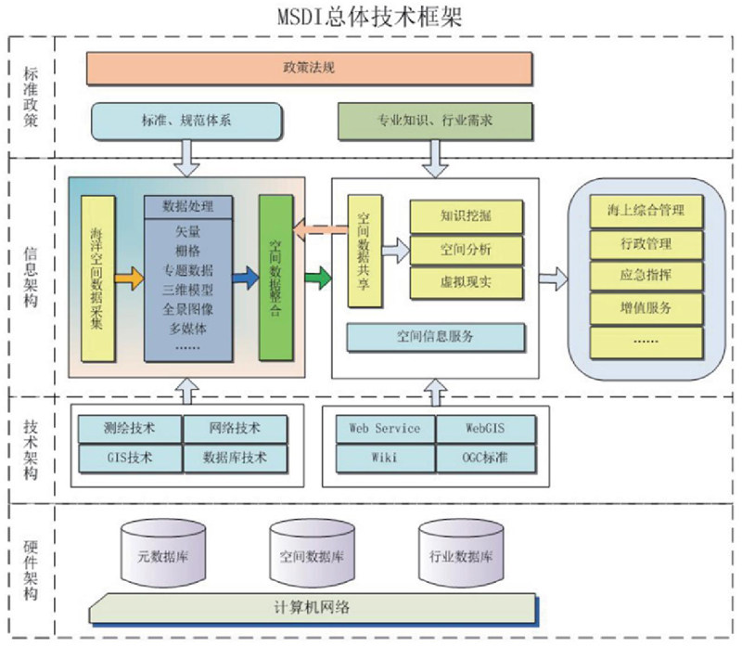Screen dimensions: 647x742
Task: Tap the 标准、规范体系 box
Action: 185,121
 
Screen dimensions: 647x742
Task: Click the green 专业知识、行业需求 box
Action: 434,121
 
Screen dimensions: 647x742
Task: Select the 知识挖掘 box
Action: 467,216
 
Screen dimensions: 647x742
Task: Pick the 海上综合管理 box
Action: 646,210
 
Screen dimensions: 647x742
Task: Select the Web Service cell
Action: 384,428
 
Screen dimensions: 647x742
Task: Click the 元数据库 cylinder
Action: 162,557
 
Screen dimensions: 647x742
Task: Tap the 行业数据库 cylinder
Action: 461,557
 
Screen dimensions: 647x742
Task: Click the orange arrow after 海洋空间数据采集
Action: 129,276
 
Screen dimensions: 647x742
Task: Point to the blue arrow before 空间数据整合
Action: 245,276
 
